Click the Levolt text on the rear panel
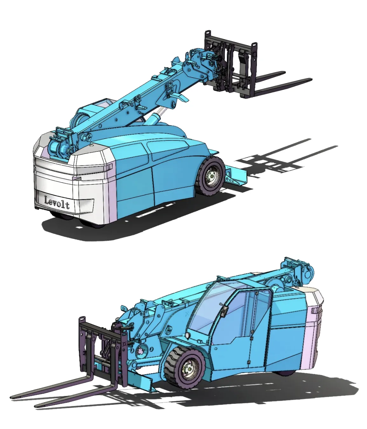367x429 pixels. [57, 202]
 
